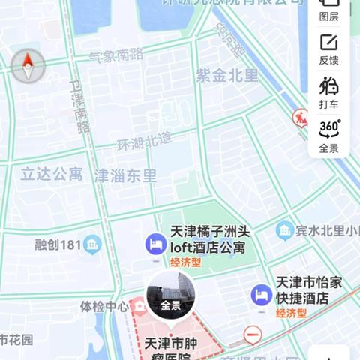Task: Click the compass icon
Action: click(28, 66)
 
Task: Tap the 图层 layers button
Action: click(328, 8)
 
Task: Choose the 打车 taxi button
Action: click(328, 91)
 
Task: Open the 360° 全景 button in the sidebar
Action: click(328, 135)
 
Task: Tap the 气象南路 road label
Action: click(115, 55)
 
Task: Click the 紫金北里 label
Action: click(226, 75)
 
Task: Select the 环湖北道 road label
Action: click(144, 139)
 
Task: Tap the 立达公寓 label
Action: click(51, 175)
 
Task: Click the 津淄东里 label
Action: click(125, 176)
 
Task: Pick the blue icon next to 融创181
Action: click(92, 244)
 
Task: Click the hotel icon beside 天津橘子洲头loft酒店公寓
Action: click(155, 243)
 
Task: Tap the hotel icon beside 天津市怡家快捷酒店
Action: click(261, 294)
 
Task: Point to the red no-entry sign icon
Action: click(253, 335)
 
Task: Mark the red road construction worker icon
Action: click(301, 118)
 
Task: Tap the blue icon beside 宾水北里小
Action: click(284, 230)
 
